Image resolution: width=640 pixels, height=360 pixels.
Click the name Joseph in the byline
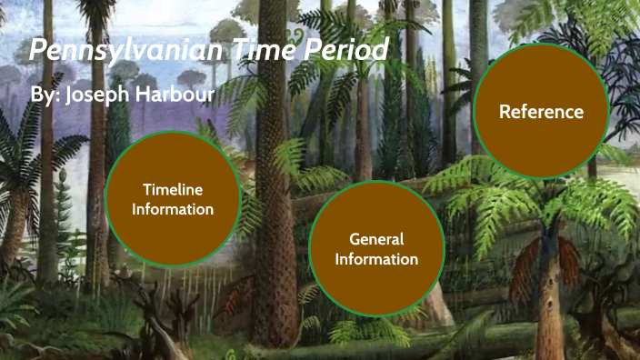[97, 95]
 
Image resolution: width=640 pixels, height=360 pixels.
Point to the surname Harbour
[178, 95]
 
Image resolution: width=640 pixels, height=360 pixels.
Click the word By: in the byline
[45, 95]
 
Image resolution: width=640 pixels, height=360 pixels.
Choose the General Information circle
[376, 249]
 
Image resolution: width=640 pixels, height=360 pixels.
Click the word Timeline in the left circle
[173, 189]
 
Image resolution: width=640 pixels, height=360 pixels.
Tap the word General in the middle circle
[376, 239]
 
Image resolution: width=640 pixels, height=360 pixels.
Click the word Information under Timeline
[173, 209]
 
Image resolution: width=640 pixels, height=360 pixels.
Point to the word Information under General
[376, 259]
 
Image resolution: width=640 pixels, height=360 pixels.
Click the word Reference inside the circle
[541, 112]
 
